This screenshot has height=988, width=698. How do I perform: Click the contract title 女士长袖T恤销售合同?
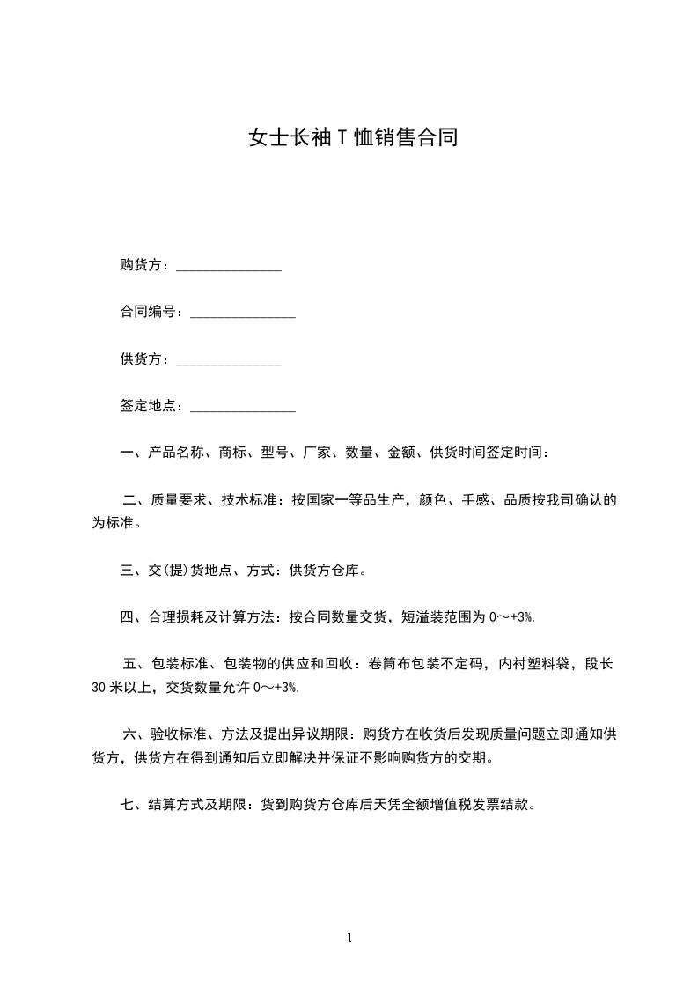pos(353,138)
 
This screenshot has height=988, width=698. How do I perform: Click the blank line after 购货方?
pos(229,267)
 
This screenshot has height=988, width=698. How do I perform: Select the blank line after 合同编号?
pos(243,313)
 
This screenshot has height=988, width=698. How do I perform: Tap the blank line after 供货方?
pos(229,360)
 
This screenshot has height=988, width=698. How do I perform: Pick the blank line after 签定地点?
pos(243,407)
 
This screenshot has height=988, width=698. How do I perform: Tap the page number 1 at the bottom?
pos(349,938)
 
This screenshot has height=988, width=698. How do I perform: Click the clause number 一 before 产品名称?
pos(127,453)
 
